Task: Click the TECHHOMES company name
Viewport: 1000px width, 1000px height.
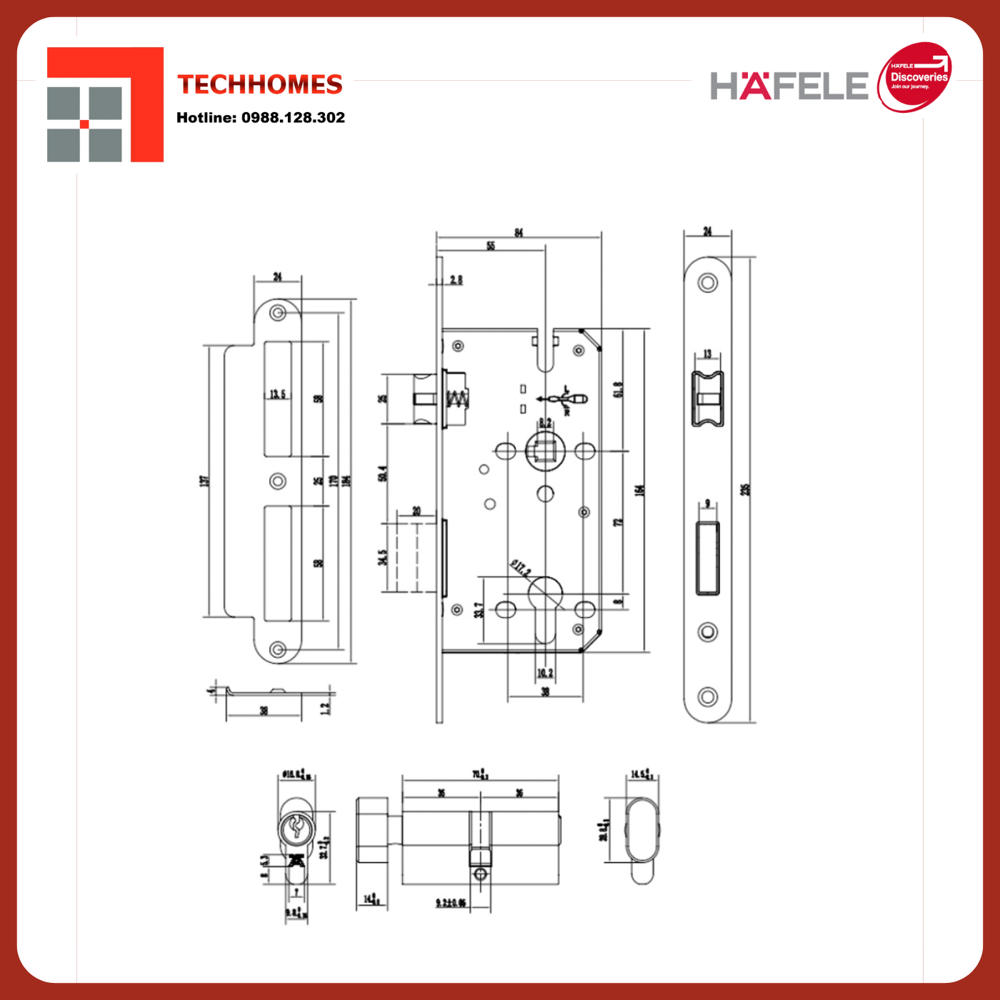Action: pos(260,84)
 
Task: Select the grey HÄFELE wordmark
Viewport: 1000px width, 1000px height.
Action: pos(789,86)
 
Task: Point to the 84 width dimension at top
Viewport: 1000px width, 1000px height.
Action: pos(519,233)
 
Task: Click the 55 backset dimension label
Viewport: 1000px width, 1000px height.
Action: pos(491,246)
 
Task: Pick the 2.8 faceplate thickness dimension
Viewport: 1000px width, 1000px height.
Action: pos(456,280)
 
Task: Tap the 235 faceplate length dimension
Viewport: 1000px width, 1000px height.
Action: pos(745,490)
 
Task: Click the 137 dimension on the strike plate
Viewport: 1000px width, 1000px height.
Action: pos(205,481)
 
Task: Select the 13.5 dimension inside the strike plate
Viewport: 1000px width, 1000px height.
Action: pos(277,394)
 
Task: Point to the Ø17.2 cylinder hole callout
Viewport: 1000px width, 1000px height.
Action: pos(521,569)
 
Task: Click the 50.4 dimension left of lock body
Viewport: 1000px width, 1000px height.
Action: pos(383,473)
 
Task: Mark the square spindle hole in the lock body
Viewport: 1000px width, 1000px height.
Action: pos(545,451)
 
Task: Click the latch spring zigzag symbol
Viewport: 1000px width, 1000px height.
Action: pos(457,400)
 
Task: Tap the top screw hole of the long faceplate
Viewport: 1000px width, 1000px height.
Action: pos(708,283)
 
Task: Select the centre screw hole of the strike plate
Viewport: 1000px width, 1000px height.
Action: pos(278,481)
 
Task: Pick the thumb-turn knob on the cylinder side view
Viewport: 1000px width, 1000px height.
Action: pos(372,829)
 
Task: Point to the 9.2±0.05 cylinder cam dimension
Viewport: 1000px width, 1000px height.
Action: pos(451,904)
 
